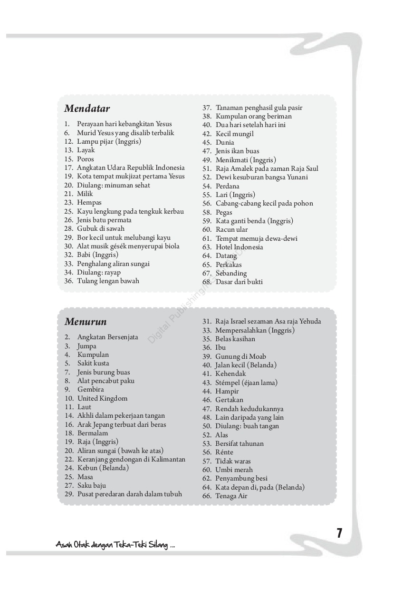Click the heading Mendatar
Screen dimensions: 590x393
coord(87,109)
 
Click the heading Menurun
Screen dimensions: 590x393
coord(86,322)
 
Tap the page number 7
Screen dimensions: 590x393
coord(339,533)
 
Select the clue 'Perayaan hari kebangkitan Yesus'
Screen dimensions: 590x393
coord(125,124)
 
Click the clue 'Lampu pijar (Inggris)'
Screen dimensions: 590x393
coord(109,141)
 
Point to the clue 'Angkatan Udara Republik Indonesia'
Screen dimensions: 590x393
coord(131,167)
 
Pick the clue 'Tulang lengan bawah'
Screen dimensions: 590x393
coord(108,281)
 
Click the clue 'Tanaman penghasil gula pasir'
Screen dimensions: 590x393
coord(259,108)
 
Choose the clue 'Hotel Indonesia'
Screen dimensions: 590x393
coord(239,247)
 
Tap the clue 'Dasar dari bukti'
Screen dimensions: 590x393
coord(239,282)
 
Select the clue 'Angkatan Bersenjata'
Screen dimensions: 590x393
coord(108,337)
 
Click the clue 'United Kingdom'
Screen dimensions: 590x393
coord(102,398)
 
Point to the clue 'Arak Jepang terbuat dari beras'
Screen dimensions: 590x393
coord(122,424)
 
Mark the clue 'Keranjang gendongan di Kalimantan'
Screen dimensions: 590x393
coord(131,459)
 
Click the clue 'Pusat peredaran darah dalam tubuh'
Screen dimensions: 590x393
coord(130,494)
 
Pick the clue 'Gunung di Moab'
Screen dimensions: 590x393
coord(240,356)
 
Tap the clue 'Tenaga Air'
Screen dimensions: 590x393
coord(231,496)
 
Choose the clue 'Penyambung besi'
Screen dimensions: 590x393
coord(241,478)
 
